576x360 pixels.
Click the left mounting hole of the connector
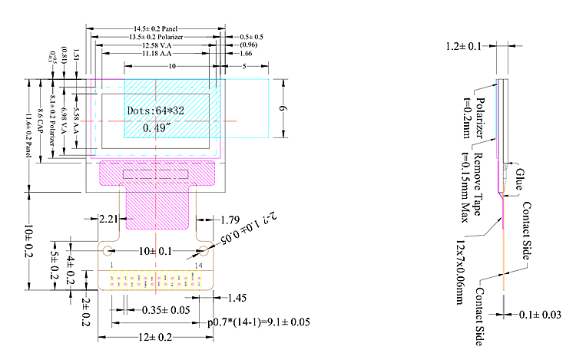[x=108, y=251]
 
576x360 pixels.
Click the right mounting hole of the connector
[x=205, y=251]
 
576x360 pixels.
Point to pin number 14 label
[x=200, y=265]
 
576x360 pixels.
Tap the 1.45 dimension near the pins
[x=237, y=297]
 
